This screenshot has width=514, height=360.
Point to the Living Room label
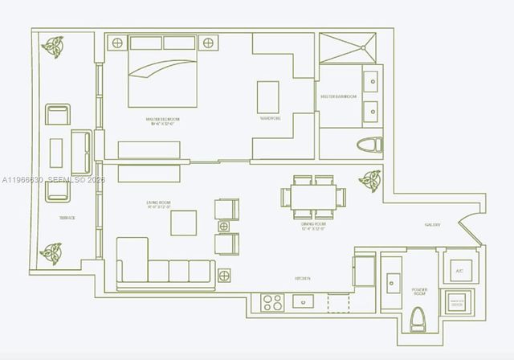[161, 205]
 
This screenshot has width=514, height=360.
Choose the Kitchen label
[303, 279]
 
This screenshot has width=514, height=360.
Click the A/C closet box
[459, 271]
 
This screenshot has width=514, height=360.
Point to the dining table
[313, 197]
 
